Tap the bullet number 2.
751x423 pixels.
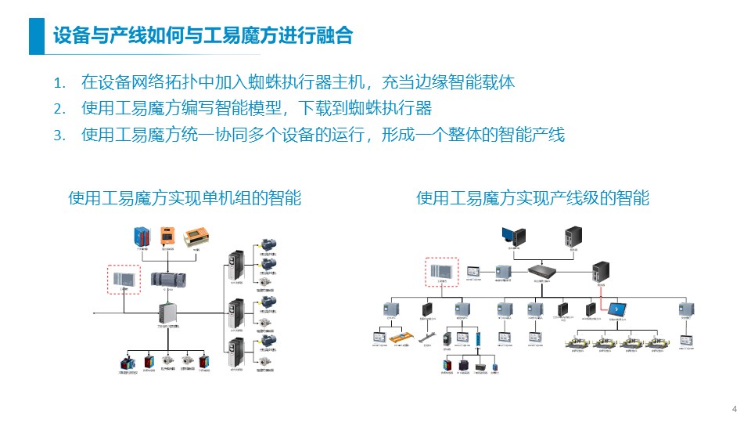click(x=58, y=108)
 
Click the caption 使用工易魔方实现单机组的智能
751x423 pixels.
click(x=185, y=198)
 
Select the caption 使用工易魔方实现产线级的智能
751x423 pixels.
click(x=533, y=198)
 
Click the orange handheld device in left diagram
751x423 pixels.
click(x=166, y=237)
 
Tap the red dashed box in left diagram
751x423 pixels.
click(x=123, y=278)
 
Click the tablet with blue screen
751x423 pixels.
click(x=618, y=309)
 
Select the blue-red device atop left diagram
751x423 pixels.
click(x=141, y=237)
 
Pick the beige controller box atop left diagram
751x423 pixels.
click(x=196, y=237)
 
